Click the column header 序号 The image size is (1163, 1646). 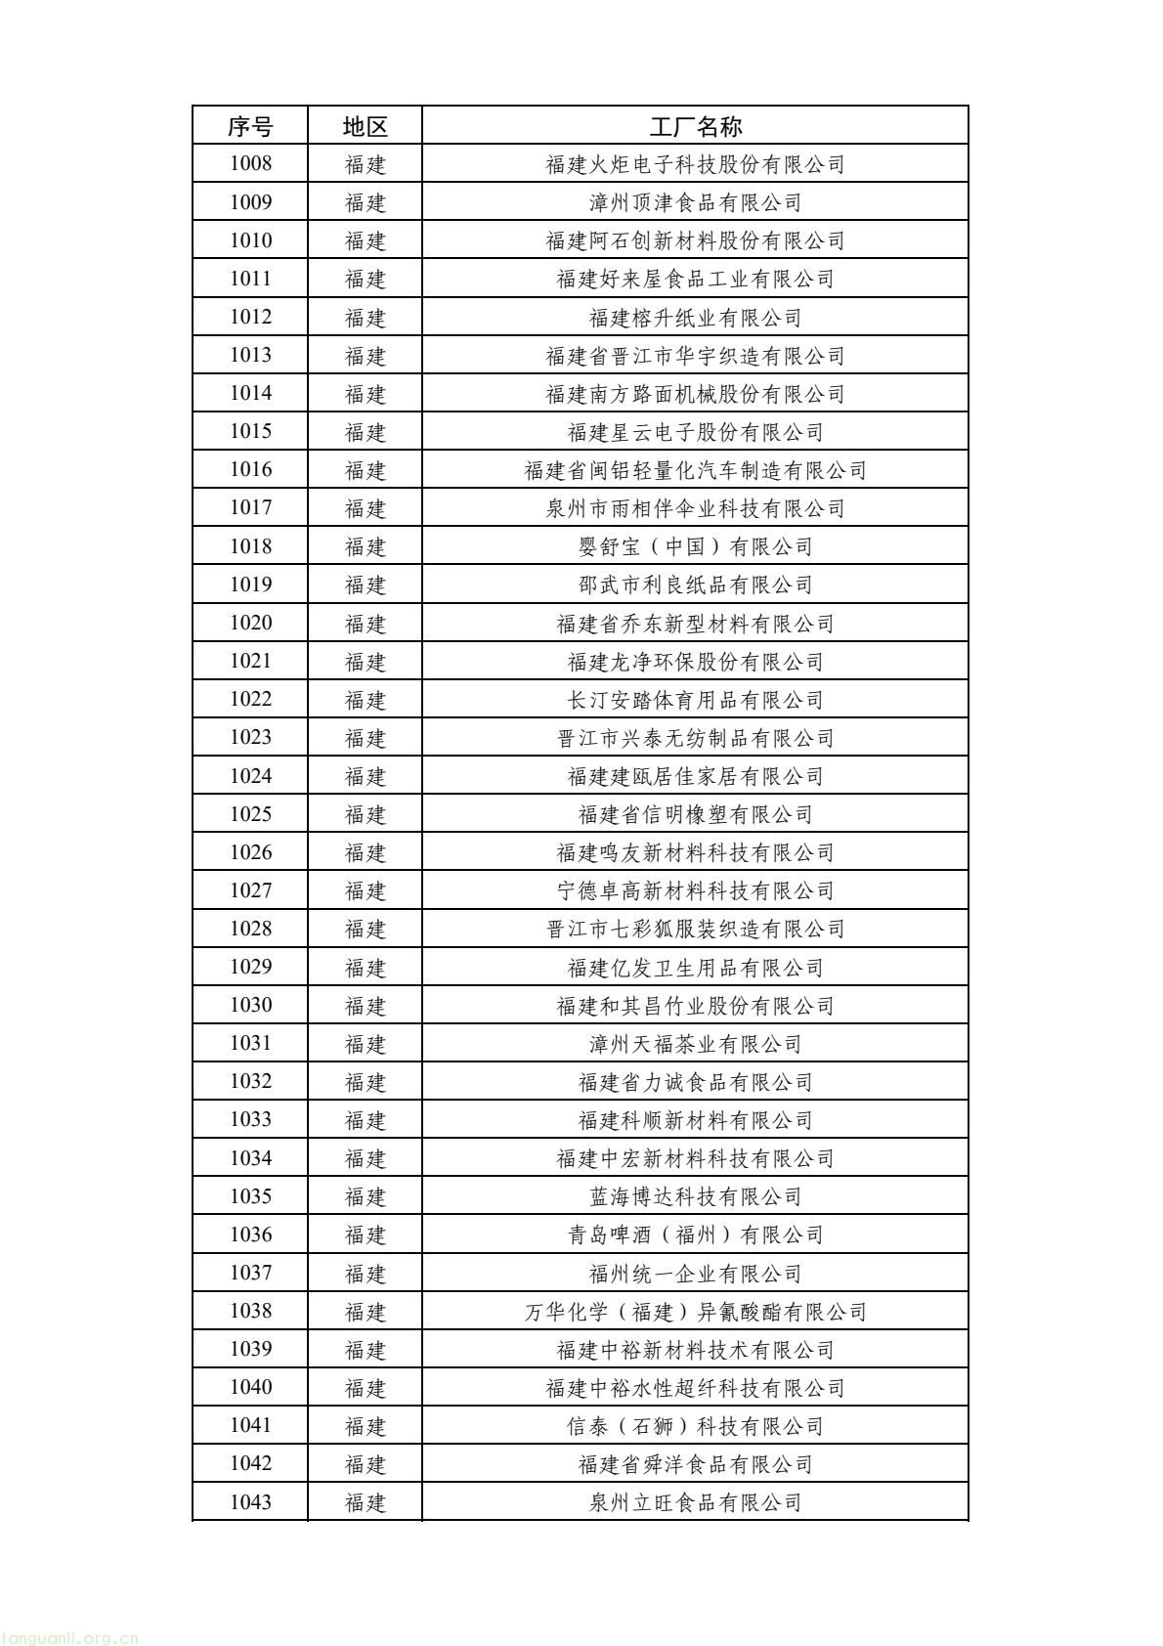[x=250, y=126]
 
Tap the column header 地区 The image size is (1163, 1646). [x=366, y=126]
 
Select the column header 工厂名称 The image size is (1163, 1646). [x=695, y=126]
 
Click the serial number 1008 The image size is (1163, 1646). [x=250, y=164]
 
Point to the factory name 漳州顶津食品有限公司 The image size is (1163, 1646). [x=695, y=202]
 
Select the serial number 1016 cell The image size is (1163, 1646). [x=250, y=470]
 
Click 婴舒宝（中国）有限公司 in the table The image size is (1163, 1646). [x=695, y=546]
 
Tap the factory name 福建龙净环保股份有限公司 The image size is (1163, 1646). [x=695, y=662]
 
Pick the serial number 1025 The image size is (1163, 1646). [x=250, y=814]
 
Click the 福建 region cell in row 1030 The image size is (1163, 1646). [x=366, y=1006]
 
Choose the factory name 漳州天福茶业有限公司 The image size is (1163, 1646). [x=695, y=1044]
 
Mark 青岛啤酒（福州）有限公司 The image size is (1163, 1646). [x=695, y=1234]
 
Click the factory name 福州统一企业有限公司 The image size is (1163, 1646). [x=695, y=1274]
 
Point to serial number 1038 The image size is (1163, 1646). [x=250, y=1312]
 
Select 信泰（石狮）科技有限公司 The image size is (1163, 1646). [x=695, y=1426]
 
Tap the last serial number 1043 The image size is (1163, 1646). [x=250, y=1502]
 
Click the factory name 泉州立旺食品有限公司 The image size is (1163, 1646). [x=695, y=1502]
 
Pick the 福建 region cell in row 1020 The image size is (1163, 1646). [x=366, y=624]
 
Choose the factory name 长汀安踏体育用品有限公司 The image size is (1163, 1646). [x=695, y=700]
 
